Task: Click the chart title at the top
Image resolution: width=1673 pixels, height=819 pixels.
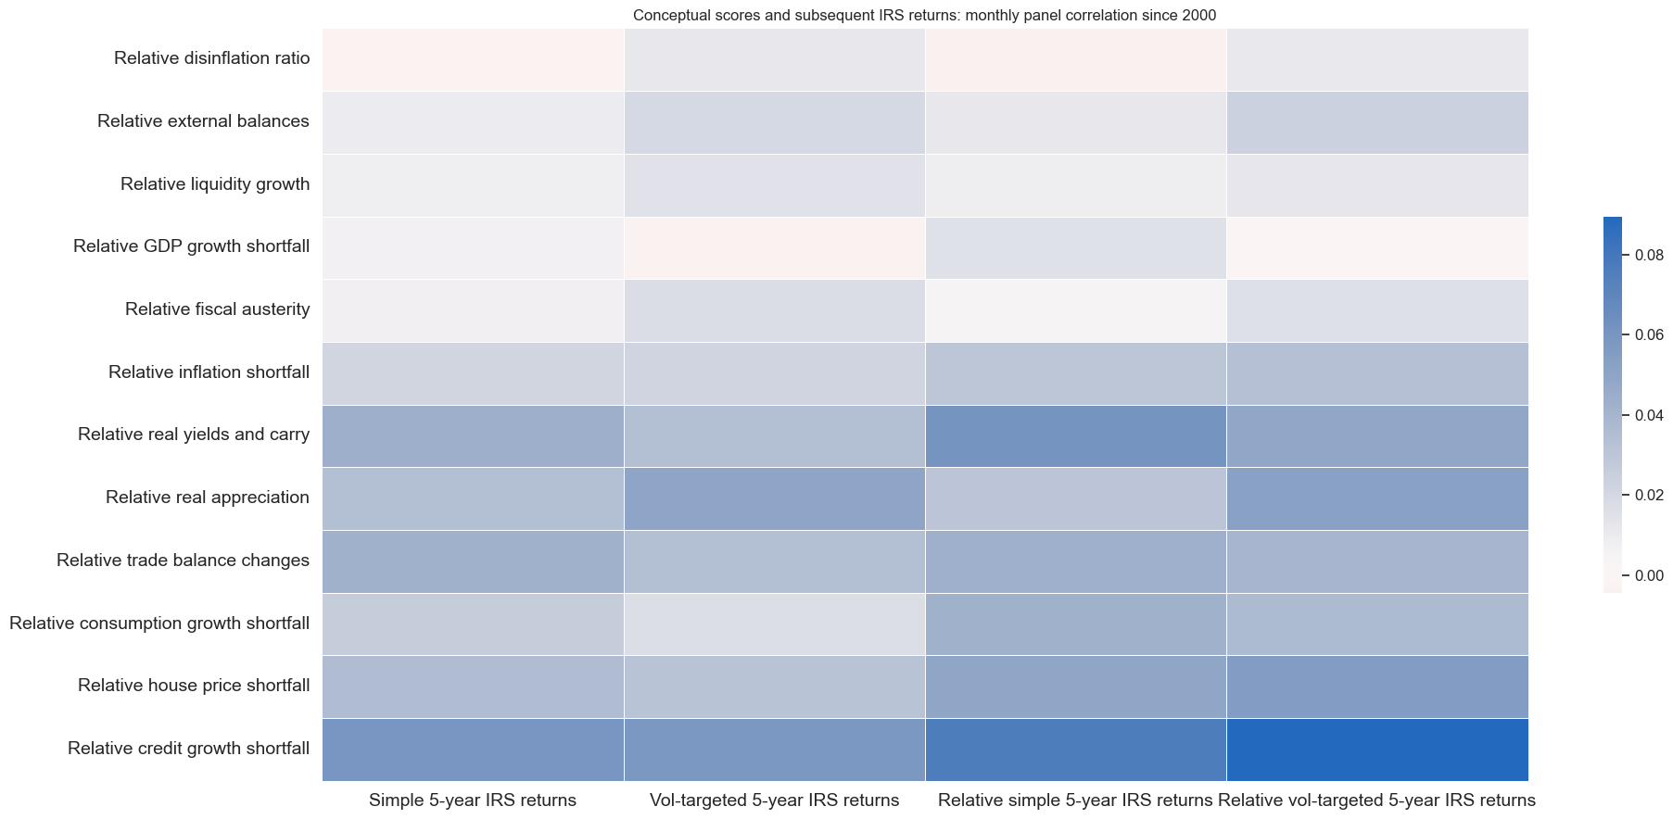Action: coord(924,15)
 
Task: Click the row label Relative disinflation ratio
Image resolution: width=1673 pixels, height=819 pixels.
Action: coord(211,58)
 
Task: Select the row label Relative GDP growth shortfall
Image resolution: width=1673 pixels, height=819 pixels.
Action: coord(191,246)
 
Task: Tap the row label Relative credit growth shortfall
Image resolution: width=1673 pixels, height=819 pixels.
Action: coord(188,749)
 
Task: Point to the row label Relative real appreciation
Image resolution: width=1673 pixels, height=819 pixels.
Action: coord(207,498)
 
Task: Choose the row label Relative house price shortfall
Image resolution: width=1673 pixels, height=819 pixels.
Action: coord(193,686)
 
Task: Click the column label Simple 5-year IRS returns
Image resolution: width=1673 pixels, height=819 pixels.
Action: coord(473,800)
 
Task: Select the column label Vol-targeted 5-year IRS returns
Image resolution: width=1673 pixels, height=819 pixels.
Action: coord(774,800)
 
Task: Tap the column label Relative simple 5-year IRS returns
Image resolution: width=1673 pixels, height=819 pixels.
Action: coord(1075,800)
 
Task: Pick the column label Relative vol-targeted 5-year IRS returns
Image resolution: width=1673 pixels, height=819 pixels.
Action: coord(1376,800)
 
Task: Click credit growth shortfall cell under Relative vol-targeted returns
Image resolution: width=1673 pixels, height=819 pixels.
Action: coord(1377,750)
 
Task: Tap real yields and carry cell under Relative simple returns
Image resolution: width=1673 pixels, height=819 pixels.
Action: coord(1075,435)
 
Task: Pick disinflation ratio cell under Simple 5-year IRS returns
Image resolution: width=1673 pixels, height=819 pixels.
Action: coord(473,59)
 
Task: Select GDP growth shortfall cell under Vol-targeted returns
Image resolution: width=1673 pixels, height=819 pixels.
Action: coord(774,247)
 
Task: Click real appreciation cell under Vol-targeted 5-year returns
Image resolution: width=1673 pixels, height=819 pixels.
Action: coord(774,498)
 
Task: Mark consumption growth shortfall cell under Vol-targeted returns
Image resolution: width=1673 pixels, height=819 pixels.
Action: coord(774,624)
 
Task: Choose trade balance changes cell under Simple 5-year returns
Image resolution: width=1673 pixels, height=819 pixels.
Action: coord(473,561)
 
